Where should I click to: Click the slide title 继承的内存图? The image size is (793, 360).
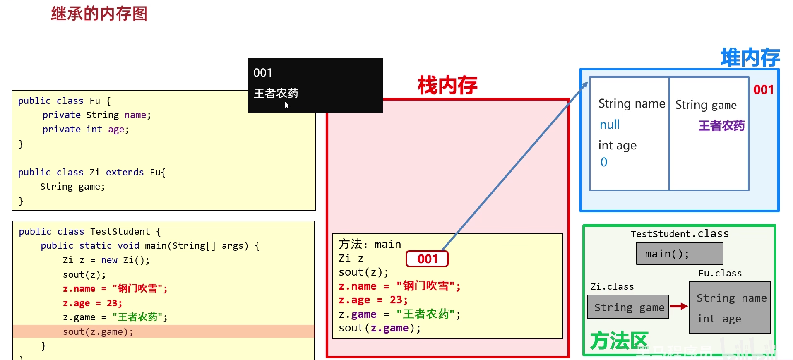point(99,14)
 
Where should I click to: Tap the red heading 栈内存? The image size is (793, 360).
point(447,86)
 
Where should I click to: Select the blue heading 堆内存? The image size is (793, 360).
point(750,58)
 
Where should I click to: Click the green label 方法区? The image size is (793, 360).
point(619,341)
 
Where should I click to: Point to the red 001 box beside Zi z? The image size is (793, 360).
point(427,259)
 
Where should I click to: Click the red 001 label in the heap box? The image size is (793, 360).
point(763,90)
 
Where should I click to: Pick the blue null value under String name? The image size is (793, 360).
point(610,125)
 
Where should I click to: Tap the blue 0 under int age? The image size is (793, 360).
point(604,162)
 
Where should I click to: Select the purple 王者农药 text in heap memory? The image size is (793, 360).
point(721,125)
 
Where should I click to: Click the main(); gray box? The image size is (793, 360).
point(679,254)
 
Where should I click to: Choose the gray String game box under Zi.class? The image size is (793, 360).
point(628,307)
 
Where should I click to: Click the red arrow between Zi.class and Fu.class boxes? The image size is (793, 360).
point(679,306)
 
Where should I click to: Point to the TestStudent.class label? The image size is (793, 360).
point(679,234)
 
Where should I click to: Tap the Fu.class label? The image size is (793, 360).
point(720,274)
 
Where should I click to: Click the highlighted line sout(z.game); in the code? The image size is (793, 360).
point(98,331)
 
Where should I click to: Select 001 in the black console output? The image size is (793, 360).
point(262,73)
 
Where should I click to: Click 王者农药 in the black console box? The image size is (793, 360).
point(276,94)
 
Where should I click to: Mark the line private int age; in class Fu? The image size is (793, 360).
point(86,130)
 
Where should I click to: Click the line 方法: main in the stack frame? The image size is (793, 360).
point(370,244)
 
